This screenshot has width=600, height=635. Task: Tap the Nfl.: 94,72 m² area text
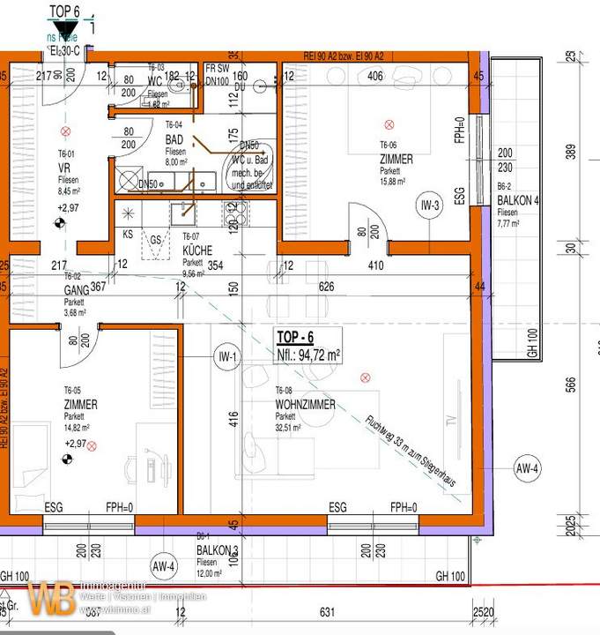(x=308, y=355)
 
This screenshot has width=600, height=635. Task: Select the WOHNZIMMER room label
(x=304, y=405)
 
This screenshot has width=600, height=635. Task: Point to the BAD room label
(x=174, y=140)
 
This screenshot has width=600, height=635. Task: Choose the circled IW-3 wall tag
(x=430, y=207)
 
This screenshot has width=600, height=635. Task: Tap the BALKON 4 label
(x=517, y=200)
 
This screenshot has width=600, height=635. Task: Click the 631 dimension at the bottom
(x=327, y=612)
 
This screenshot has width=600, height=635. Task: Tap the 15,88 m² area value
(x=392, y=182)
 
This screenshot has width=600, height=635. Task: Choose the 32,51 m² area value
(x=288, y=427)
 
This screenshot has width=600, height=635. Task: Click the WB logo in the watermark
(x=51, y=599)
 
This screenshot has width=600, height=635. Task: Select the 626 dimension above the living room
(x=328, y=286)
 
